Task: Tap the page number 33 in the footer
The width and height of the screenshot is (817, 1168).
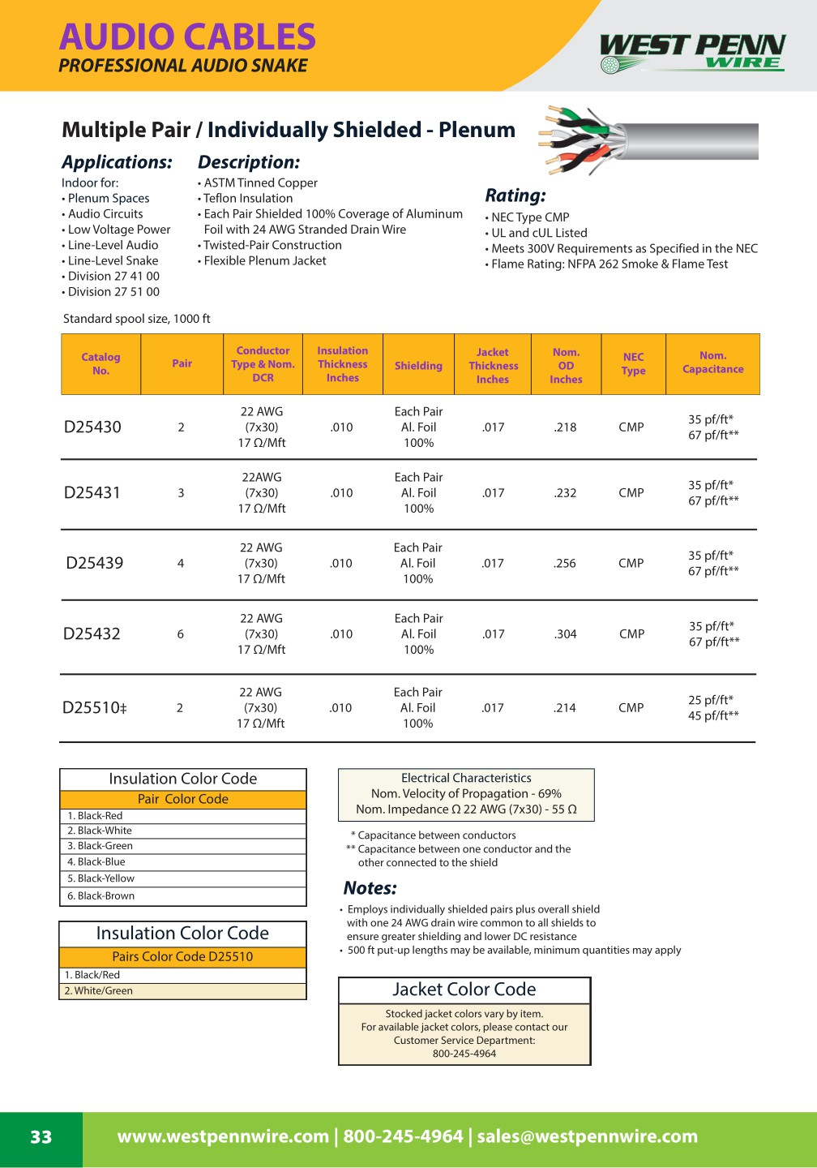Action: [x=41, y=1137]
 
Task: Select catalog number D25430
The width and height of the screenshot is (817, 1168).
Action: [x=92, y=427]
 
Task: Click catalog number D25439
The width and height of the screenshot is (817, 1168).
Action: [x=95, y=563]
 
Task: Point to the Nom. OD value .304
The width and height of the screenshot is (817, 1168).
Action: [x=565, y=634]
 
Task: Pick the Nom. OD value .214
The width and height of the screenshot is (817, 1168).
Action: [x=564, y=708]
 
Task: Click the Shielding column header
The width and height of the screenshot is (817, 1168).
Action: [x=418, y=366]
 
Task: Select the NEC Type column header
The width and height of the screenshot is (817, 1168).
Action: [x=633, y=363]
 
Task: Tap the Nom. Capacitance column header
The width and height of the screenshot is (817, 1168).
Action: [x=712, y=363]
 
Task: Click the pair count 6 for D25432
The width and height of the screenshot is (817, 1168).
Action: [x=181, y=634]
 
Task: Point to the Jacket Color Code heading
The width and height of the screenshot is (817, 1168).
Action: [x=464, y=990]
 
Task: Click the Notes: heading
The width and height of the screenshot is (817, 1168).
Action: [x=370, y=888]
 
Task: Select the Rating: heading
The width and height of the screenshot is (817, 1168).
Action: [x=515, y=195]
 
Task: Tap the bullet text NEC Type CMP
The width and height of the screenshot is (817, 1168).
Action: [x=530, y=217]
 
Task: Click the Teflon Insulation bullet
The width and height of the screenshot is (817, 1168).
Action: [x=248, y=199]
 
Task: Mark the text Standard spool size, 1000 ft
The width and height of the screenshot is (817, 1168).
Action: [x=137, y=319]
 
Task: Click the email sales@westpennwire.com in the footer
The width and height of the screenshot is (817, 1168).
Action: [x=587, y=1137]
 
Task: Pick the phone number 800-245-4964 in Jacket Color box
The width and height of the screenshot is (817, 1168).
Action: [x=464, y=1054]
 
